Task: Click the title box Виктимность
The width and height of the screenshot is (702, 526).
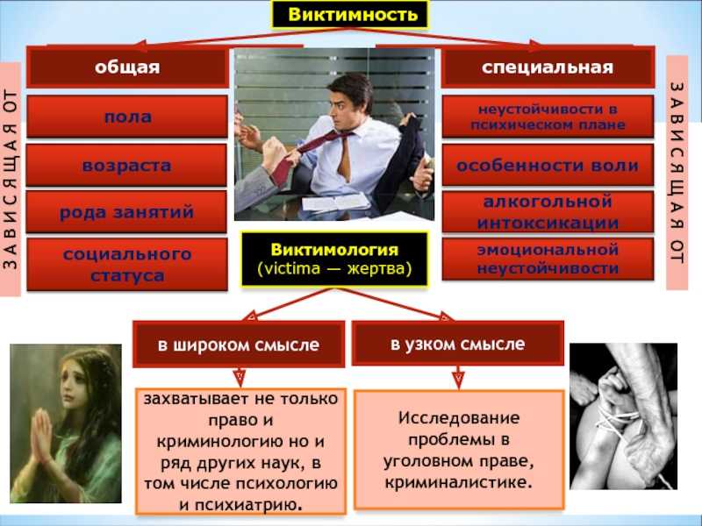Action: tap(350, 15)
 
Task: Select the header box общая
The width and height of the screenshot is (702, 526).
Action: tap(127, 68)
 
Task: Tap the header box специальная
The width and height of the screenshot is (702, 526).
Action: tap(548, 68)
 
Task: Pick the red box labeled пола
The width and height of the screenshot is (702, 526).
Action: tap(127, 117)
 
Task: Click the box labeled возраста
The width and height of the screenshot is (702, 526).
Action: tap(126, 165)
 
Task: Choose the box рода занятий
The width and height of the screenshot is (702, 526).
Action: tap(126, 211)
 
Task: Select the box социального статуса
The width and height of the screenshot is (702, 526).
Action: tap(127, 265)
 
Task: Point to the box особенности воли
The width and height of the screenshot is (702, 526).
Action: tap(548, 165)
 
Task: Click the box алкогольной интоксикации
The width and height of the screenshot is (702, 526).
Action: tap(548, 211)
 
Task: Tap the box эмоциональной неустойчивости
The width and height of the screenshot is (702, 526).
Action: tap(548, 259)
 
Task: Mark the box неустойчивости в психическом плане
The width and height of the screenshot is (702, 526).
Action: tap(548, 117)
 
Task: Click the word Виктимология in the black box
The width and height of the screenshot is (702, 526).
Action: tap(334, 249)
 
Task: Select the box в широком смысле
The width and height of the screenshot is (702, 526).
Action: tap(239, 345)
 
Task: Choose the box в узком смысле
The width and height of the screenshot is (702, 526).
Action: tap(457, 344)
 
